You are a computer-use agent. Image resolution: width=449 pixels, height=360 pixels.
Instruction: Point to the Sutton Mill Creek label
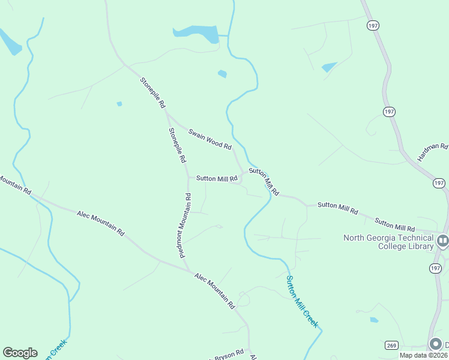tap(302, 301)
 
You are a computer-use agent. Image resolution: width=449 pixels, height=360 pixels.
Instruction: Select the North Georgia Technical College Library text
tap(388, 242)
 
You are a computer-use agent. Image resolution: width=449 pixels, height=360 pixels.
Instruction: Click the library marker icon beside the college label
tap(443, 241)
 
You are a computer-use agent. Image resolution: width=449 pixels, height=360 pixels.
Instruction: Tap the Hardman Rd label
tap(433, 154)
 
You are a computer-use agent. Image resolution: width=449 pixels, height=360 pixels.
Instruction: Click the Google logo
tap(20, 353)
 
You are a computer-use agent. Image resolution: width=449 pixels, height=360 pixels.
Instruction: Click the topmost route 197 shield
tap(372, 26)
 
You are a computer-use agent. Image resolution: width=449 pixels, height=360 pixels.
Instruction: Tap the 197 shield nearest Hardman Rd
tap(439, 182)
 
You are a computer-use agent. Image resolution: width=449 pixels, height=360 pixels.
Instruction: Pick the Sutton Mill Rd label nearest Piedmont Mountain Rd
tap(217, 178)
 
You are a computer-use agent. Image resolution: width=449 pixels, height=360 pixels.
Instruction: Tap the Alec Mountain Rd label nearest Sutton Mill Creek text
tap(214, 290)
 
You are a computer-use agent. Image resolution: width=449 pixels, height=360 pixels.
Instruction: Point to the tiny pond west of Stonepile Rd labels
tap(119, 104)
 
